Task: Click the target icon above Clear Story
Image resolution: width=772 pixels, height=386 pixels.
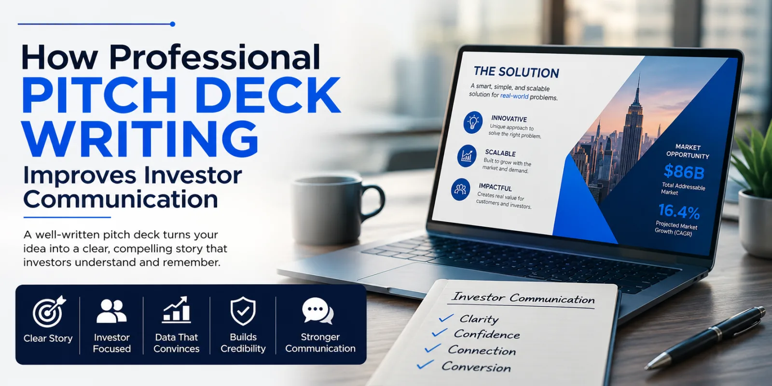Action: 49,312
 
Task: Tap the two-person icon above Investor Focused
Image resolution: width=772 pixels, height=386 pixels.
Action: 111,311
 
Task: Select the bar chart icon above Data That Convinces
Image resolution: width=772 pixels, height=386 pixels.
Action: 176,310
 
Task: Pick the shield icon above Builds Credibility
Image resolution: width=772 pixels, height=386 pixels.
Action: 243,311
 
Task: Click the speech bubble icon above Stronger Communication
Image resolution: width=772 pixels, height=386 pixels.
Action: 318,311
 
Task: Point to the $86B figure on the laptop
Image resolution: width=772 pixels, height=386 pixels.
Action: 684,172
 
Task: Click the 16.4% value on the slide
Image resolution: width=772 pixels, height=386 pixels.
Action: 679,212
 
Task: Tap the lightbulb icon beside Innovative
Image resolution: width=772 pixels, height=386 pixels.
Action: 473,123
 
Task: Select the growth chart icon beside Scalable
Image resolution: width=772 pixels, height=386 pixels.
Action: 467,156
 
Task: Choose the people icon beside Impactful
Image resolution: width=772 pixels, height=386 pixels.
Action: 460,189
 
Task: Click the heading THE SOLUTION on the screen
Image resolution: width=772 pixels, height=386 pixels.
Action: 516,72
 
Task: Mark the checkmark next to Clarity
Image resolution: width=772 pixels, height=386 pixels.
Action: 446,318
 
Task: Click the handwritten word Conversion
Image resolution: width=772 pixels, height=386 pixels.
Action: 476,367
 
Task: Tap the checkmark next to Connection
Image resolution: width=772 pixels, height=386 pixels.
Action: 432,348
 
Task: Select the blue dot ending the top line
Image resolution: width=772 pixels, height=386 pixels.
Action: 173,24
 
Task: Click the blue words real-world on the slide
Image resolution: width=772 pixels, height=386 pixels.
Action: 514,96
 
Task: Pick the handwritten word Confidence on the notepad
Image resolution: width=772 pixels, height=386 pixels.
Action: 487,334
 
